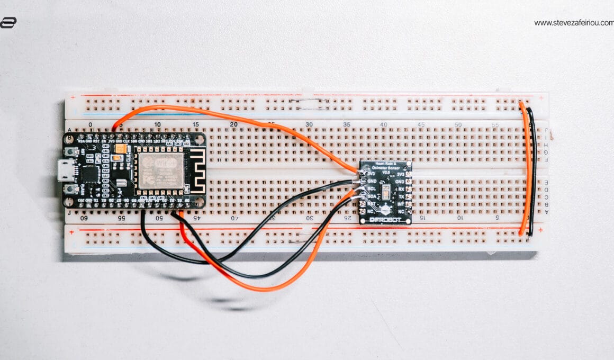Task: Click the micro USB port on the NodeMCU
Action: point(66,170)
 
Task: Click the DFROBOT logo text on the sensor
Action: point(385,219)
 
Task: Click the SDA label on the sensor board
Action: point(372,196)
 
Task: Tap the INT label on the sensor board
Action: point(400,204)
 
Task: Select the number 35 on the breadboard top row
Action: point(346,125)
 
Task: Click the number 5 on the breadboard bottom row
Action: point(497,218)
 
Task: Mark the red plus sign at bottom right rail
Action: point(540,230)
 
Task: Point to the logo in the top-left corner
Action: point(8,22)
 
